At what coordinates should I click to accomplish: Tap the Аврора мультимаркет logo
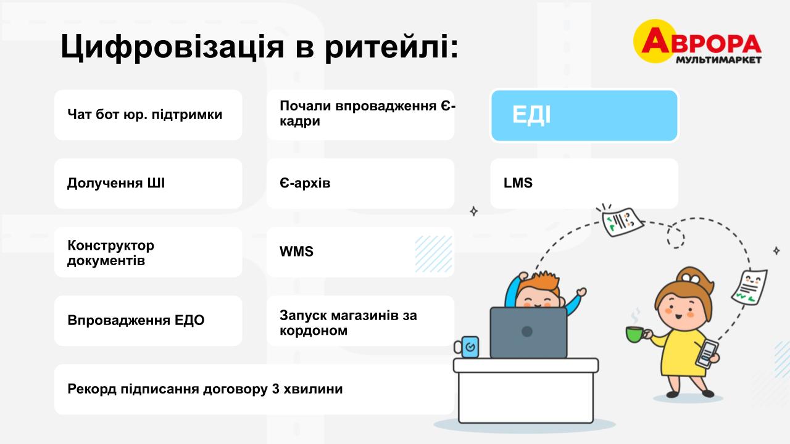[697, 42]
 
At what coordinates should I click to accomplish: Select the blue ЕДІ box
[584, 115]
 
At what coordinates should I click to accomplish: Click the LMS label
[518, 183]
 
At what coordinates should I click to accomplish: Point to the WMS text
[296, 252]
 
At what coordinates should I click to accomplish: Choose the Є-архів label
[305, 183]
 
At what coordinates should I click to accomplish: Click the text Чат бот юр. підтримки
[144, 115]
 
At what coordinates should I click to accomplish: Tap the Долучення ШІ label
[115, 183]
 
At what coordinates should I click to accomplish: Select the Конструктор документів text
[110, 253]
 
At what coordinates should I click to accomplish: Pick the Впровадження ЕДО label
[136, 320]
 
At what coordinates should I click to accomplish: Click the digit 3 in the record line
[276, 389]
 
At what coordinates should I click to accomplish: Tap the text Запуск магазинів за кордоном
[348, 323]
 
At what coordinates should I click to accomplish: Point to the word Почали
[305, 105]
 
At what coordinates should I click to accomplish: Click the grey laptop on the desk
[528, 332]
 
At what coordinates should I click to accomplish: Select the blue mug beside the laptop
[467, 347]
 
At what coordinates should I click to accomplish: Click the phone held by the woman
[707, 353]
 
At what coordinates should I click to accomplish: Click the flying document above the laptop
[622, 222]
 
